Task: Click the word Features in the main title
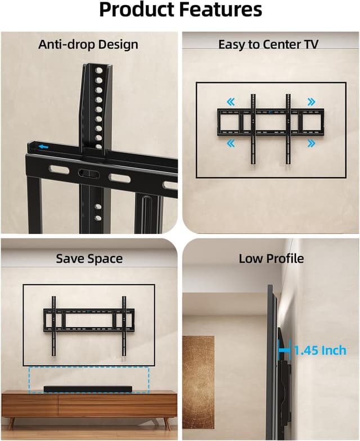(x=220, y=11)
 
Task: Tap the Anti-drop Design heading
(x=88, y=44)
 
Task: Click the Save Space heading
(x=89, y=259)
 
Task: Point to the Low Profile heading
(x=271, y=259)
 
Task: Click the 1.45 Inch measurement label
(x=320, y=350)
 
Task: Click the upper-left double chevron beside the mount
(x=230, y=102)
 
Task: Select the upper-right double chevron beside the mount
(x=311, y=102)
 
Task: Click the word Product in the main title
(x=137, y=11)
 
